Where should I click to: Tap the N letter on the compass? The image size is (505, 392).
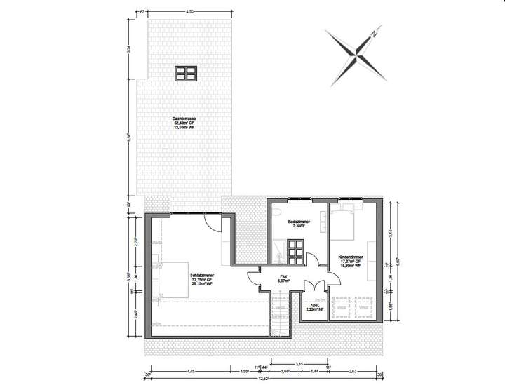[x=376, y=33]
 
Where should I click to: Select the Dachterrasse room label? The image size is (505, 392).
[x=182, y=123]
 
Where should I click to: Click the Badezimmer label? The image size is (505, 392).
[x=299, y=224]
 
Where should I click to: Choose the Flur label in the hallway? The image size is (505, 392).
[x=284, y=279]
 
